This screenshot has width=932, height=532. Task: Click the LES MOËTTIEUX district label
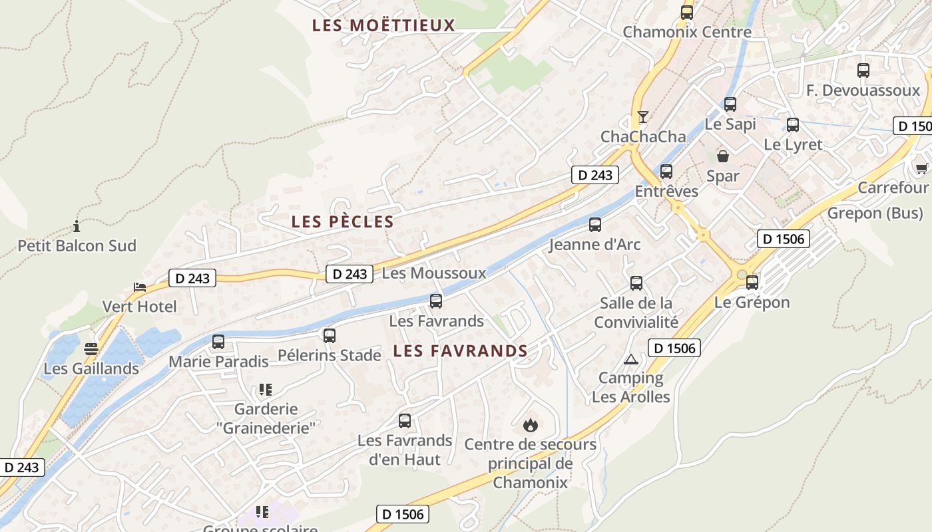tap(383, 26)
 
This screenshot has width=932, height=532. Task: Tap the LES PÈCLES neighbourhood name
tap(342, 222)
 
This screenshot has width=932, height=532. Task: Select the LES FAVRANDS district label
tap(460, 351)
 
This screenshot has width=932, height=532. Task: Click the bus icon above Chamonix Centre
tap(687, 12)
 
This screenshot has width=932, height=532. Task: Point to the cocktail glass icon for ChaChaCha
tap(642, 117)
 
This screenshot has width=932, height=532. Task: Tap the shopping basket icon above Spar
tap(722, 156)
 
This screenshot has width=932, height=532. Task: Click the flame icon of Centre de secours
tap(530, 424)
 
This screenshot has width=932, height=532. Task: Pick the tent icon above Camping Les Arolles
tap(630, 359)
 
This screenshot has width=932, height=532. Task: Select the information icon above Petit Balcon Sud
tap(77, 226)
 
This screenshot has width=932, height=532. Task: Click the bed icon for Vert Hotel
tap(140, 287)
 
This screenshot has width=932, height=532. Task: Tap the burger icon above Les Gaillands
tap(91, 349)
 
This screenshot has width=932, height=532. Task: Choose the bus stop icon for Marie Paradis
tap(218, 342)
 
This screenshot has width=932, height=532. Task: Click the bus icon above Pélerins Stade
tap(329, 336)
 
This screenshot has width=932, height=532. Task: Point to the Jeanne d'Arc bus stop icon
tap(595, 225)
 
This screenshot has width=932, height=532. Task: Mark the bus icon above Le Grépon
tap(752, 283)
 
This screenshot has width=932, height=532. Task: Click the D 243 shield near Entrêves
tap(595, 176)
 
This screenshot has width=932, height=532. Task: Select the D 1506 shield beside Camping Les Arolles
tap(674, 348)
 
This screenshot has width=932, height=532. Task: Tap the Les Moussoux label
tap(434, 273)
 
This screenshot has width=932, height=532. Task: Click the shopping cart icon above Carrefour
tap(921, 168)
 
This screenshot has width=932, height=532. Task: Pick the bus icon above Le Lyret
tap(793, 125)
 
